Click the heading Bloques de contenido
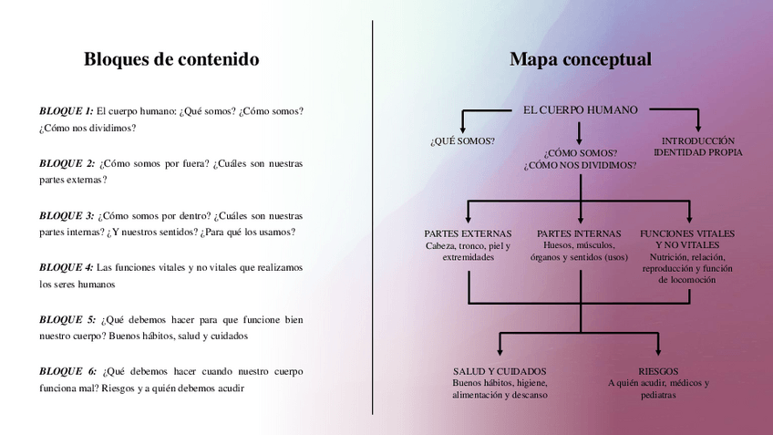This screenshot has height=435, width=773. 171,59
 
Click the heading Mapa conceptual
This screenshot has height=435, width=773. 580,59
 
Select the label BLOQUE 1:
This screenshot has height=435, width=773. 66,111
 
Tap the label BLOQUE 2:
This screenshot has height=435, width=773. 67,163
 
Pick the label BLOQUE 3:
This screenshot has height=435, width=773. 67,216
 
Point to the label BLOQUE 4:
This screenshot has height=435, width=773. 66,267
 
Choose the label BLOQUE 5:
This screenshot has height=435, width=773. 67,319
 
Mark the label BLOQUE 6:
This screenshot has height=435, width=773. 67,371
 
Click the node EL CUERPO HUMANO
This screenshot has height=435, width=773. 580,109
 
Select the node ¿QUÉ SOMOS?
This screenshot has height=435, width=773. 462,141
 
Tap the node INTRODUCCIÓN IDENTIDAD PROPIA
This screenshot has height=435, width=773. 697,147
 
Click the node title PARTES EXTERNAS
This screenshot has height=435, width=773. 468,233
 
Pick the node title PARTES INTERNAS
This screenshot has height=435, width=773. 579,233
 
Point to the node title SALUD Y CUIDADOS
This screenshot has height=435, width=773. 500,371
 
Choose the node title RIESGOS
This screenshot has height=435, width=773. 657,371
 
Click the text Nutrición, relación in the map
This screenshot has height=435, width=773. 688,257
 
